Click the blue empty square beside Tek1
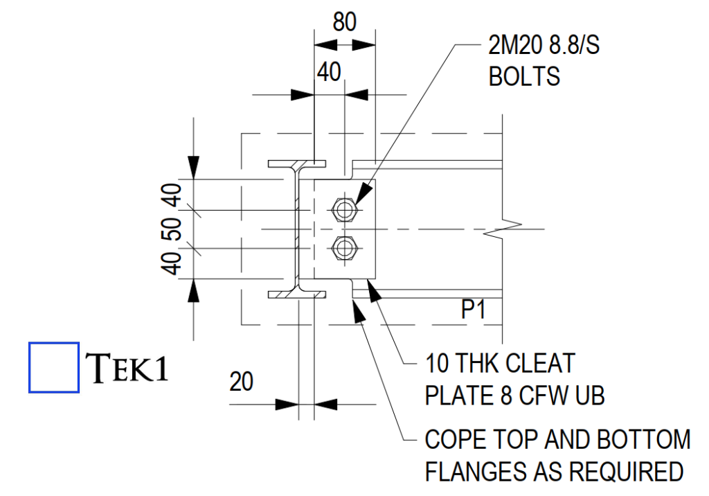(x=54, y=367)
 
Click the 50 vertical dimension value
(x=173, y=229)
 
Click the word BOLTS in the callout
(x=524, y=76)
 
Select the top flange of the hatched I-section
(x=297, y=165)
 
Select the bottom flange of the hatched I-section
(x=297, y=295)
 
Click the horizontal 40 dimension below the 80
(x=330, y=71)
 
